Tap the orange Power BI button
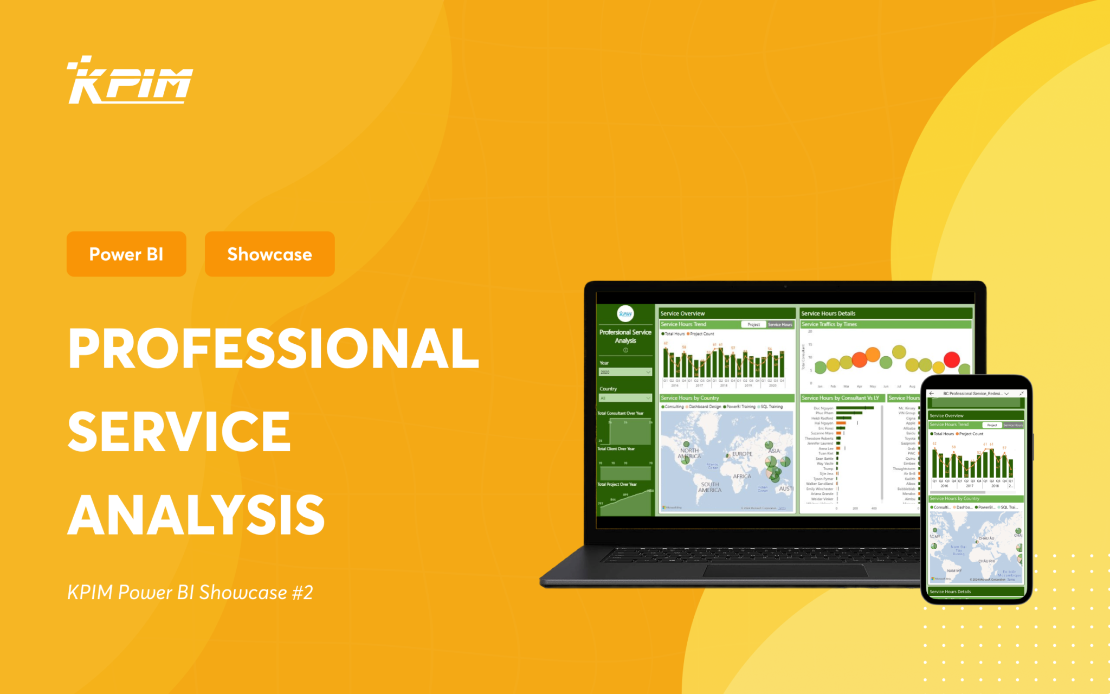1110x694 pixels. pos(126,254)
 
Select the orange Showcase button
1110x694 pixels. pos(269,254)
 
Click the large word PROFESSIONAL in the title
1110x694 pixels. pos(274,349)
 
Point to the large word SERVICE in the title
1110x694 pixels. pos(179,432)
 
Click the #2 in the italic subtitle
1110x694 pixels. pos(302,593)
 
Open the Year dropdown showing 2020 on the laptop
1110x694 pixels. pos(625,372)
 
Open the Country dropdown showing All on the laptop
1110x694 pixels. pos(625,398)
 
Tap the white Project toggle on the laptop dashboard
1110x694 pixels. pos(753,324)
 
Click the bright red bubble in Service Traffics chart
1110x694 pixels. pos(952,359)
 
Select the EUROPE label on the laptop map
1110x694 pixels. pos(742,454)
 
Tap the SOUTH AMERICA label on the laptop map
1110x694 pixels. pos(709,487)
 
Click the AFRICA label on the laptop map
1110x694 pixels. pos(742,477)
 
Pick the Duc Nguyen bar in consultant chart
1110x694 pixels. pos(854,408)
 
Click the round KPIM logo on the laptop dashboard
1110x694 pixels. pos(625,313)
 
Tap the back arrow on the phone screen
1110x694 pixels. pos(932,394)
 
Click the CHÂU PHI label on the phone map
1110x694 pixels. pos(986,561)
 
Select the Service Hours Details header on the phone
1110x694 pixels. pos(951,592)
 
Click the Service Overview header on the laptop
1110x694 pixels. pos(683,313)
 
